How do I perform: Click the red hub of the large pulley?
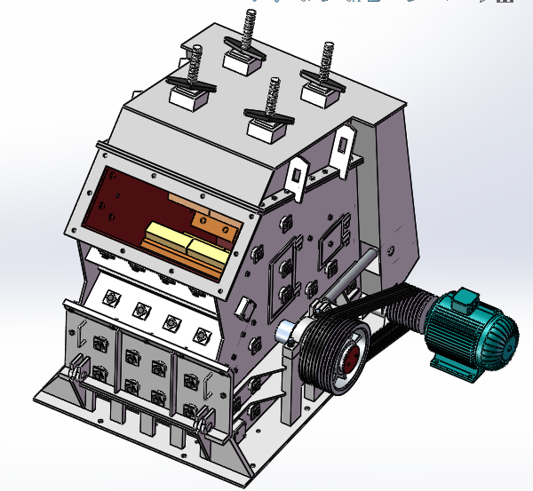[x=350, y=359]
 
